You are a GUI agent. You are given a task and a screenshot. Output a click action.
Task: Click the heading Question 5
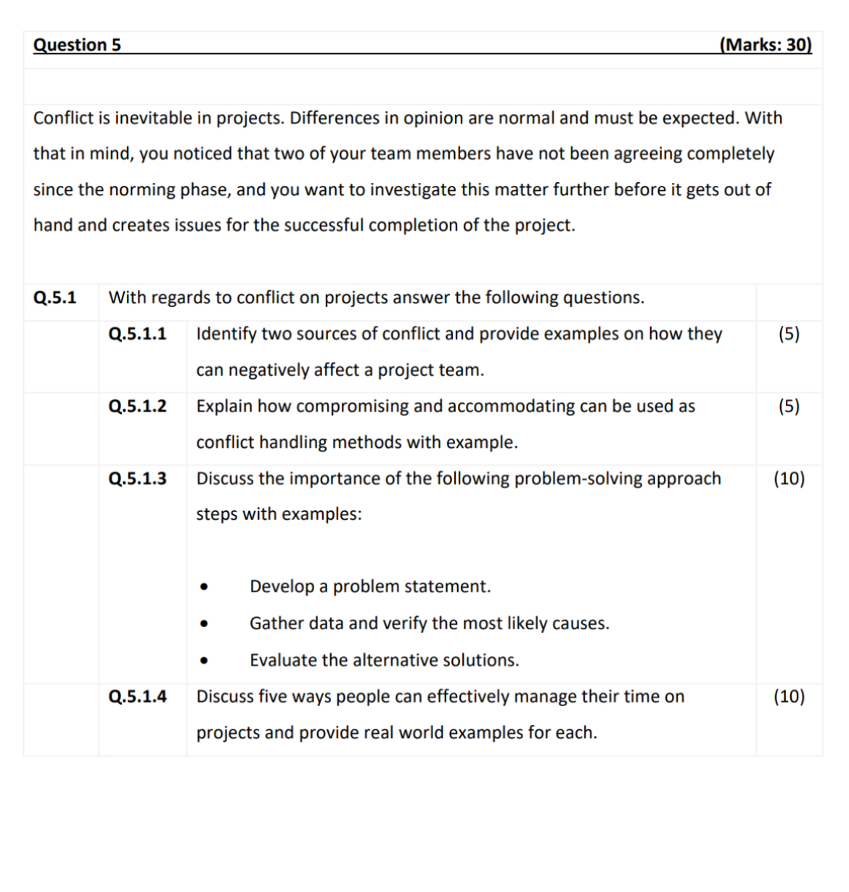coord(77,45)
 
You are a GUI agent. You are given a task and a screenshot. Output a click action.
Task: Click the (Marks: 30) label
coord(766,45)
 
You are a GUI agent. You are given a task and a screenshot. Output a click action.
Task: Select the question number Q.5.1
coord(55,298)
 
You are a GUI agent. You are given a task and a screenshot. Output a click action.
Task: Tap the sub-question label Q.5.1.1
coord(137,334)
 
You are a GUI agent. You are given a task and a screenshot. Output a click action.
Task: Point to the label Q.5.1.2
coord(137,406)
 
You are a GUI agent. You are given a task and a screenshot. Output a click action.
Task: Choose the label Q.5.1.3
coord(137,478)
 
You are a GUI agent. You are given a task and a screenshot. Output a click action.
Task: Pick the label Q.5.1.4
coord(137,697)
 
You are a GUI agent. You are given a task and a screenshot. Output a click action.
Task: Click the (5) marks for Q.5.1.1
coord(789,334)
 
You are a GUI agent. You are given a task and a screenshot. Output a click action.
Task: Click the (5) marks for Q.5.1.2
coord(789,406)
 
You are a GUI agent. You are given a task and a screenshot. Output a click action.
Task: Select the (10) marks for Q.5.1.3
coord(789,478)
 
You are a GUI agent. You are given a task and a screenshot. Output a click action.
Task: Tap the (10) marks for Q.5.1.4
coord(789,697)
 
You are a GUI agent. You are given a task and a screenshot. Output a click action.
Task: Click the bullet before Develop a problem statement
coord(205,587)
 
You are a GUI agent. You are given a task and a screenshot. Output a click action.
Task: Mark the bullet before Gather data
coord(205,624)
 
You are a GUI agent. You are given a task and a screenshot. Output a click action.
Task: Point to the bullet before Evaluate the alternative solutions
coord(205,661)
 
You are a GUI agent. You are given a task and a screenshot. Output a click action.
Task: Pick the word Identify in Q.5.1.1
coord(226,334)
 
